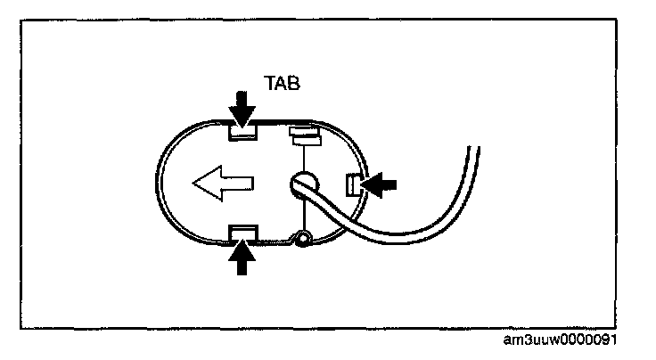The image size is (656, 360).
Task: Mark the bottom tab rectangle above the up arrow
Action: (x=242, y=233)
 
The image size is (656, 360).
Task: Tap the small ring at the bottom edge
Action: (x=305, y=238)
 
